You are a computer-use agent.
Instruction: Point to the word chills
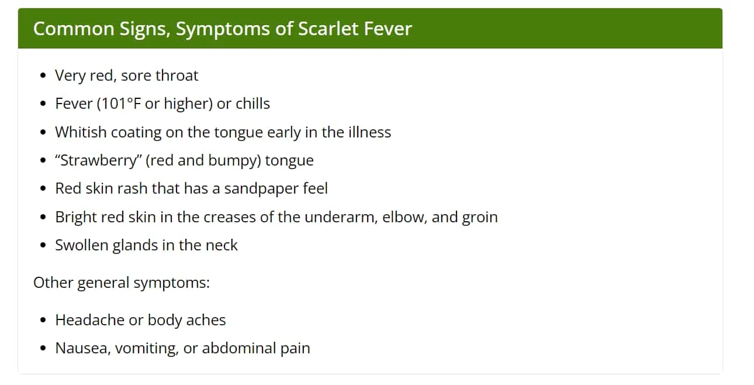point(253,104)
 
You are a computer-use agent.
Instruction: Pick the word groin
point(479,217)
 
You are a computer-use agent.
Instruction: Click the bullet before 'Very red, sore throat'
point(43,76)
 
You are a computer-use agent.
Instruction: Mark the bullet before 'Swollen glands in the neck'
point(43,246)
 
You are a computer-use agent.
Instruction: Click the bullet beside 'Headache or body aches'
point(43,321)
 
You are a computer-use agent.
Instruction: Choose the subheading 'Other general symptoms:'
point(121,283)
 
